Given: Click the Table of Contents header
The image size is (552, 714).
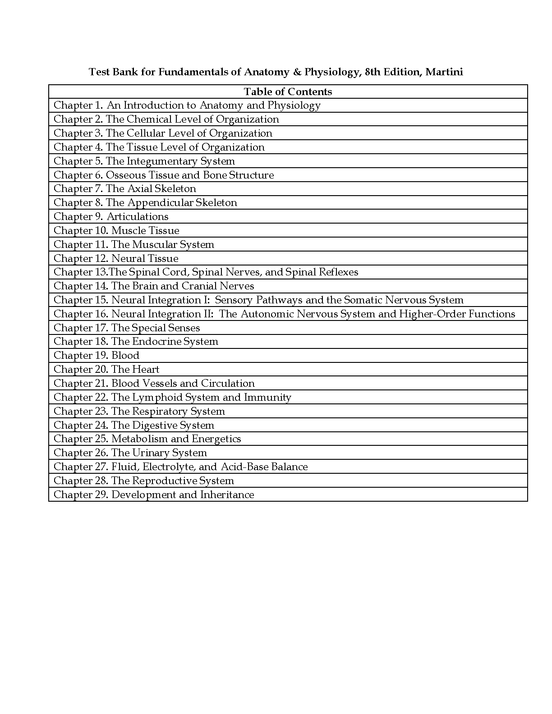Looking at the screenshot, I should pyautogui.click(x=288, y=92).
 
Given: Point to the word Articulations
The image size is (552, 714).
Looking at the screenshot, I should pyautogui.click(x=138, y=217).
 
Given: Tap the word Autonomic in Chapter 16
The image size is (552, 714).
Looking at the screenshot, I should pyautogui.click(x=267, y=314).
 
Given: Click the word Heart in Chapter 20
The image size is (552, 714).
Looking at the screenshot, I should pyautogui.click(x=146, y=370).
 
